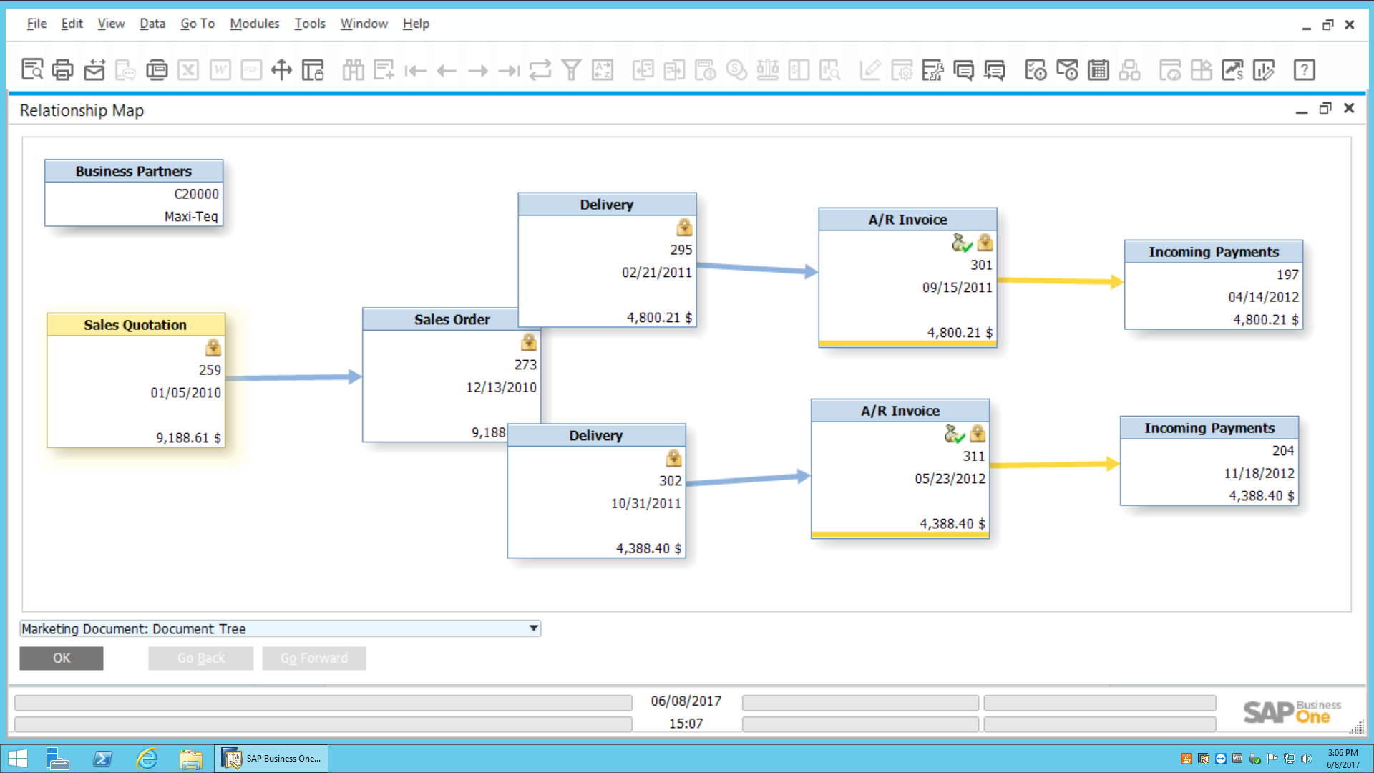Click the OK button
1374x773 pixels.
pyautogui.click(x=62, y=658)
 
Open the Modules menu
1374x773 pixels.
pyautogui.click(x=254, y=24)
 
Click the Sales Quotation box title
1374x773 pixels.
pyautogui.click(x=135, y=325)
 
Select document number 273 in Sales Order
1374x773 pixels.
pyautogui.click(x=525, y=364)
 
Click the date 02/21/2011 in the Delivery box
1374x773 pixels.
pyautogui.click(x=656, y=272)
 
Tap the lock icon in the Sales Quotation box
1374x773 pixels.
pyautogui.click(x=213, y=348)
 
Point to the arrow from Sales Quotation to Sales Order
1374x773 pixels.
pyautogui.click(x=293, y=377)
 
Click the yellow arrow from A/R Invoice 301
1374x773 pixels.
pyautogui.click(x=1059, y=281)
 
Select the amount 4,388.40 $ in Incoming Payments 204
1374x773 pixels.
pyautogui.click(x=1261, y=495)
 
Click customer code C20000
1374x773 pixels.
pyautogui.click(x=196, y=194)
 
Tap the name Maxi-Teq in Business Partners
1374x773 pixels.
pyautogui.click(x=190, y=216)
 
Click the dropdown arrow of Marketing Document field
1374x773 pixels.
pyautogui.click(x=533, y=628)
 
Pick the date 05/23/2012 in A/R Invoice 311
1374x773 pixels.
pyautogui.click(x=950, y=478)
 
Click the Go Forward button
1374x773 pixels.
pyautogui.click(x=313, y=658)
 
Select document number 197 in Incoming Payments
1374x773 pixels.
pyautogui.click(x=1287, y=274)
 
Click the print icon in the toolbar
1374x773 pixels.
pyautogui.click(x=63, y=70)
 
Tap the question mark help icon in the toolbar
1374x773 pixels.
pyautogui.click(x=1304, y=70)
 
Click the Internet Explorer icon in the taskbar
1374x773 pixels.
pyautogui.click(x=147, y=758)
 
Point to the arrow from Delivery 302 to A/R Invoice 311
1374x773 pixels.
pyautogui.click(x=747, y=480)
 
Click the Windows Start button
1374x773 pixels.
pyautogui.click(x=17, y=758)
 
